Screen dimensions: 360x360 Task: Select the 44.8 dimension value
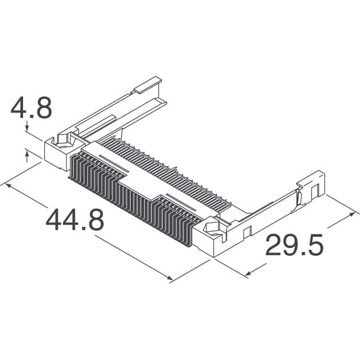click(75, 220)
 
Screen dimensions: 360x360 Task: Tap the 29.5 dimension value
click(294, 246)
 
